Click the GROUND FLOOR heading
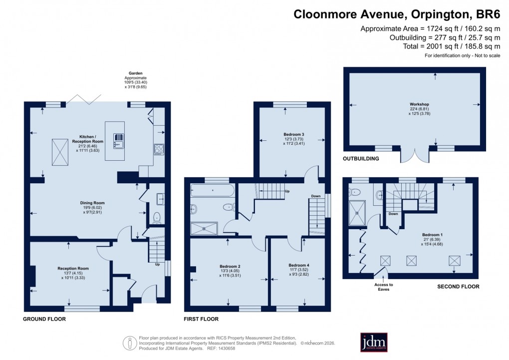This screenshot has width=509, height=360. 43,318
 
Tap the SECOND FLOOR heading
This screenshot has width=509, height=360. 458,287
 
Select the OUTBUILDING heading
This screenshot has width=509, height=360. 361,159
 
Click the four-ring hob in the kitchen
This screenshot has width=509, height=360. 159,148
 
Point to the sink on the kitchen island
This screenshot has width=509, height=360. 119,145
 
